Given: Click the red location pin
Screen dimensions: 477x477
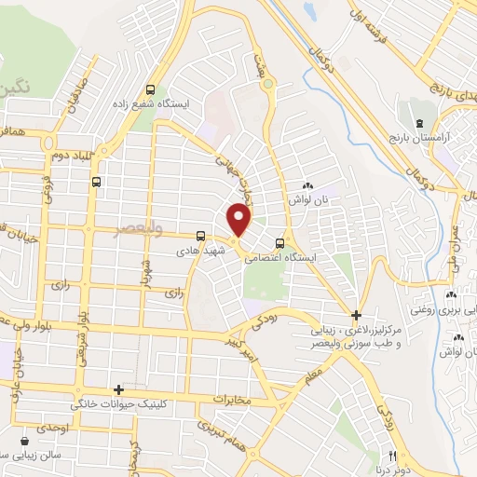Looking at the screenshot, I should tap(240, 219).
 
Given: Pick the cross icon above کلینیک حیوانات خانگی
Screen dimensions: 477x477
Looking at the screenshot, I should tap(118, 391).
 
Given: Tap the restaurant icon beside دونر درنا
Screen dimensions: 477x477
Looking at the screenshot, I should tap(392, 456).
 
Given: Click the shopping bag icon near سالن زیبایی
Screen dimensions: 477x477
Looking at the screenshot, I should tap(22, 441).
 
